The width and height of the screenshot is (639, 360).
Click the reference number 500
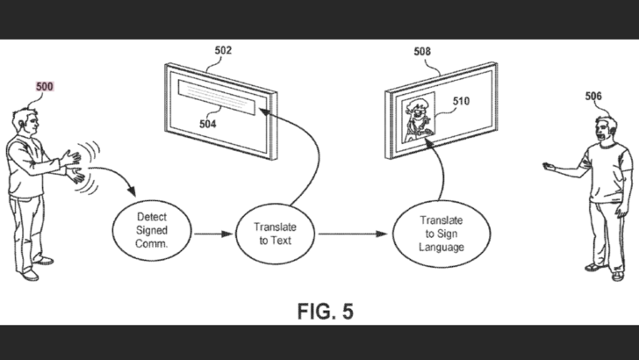tap(44, 87)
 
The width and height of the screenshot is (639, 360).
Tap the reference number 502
tap(223, 51)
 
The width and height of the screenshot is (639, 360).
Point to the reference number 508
tap(422, 51)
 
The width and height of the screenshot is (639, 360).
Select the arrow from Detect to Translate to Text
tap(211, 234)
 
